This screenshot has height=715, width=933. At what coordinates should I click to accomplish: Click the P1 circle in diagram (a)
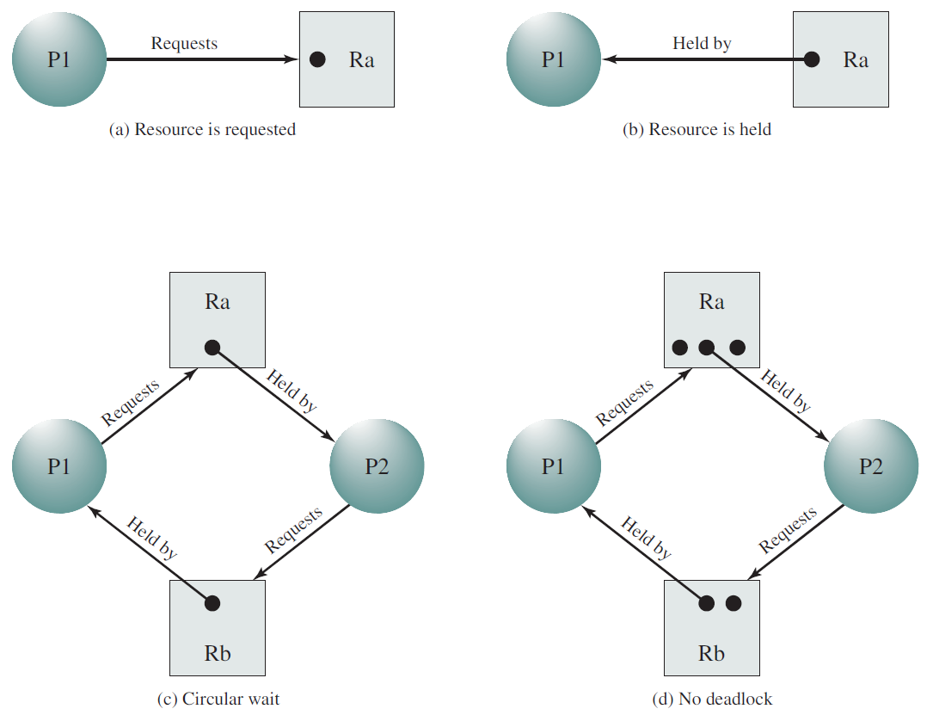[59, 59]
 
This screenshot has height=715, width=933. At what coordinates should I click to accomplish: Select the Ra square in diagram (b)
[841, 59]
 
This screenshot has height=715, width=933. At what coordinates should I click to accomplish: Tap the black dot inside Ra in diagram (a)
[318, 59]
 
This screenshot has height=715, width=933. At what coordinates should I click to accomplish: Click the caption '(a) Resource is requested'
[202, 129]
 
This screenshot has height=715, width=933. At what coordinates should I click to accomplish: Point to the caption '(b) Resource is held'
[697, 129]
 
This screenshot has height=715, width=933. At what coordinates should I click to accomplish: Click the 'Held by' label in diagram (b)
[703, 44]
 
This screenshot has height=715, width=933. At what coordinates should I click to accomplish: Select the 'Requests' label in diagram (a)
[184, 44]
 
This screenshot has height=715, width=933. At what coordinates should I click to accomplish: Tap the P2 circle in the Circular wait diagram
[377, 466]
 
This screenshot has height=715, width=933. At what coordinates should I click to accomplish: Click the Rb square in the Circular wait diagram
[218, 628]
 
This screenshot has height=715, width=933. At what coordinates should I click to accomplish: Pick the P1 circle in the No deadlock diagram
[554, 466]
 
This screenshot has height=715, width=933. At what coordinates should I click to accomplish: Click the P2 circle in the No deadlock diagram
[871, 466]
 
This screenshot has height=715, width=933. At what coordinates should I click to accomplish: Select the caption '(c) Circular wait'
[218, 699]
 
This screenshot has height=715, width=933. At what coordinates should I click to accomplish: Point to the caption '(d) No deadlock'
[712, 699]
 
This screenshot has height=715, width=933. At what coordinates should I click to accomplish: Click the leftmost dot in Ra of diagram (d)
[679, 348]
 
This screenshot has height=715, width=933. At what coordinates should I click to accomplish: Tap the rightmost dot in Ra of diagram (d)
[737, 348]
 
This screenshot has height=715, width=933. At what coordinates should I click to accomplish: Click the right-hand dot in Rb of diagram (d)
[734, 603]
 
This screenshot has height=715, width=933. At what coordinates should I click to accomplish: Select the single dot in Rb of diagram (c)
[212, 603]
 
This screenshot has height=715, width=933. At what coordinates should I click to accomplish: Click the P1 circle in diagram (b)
[554, 59]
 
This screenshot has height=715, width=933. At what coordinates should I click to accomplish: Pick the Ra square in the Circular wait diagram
[218, 320]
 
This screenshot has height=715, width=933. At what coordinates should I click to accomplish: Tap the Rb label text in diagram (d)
[711, 654]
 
